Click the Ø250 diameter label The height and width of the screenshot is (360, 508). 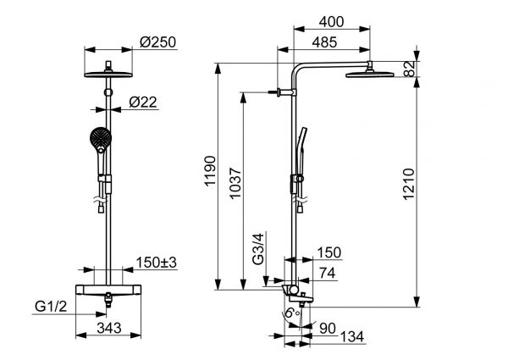pos(158,42)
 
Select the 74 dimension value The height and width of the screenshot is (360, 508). pos(327,273)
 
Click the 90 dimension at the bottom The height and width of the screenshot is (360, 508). pos(329,327)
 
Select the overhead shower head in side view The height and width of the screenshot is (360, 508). pos(369,76)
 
